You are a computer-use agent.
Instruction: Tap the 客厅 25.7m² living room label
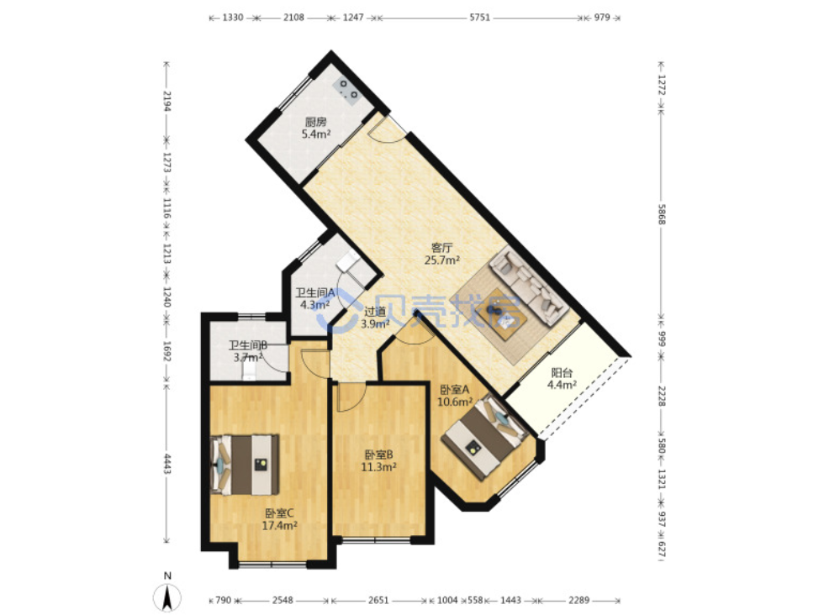point(442,254)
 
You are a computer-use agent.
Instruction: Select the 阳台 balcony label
point(562,379)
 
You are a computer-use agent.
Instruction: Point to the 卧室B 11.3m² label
point(378,460)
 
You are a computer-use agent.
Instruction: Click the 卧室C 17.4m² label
point(279,519)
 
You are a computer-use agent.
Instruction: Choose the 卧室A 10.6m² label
point(455,396)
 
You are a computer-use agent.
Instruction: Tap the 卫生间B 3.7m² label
point(248,351)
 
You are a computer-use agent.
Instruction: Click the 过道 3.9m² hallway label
point(375,318)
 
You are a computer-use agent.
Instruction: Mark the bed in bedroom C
point(245,465)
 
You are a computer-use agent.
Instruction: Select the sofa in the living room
point(529,286)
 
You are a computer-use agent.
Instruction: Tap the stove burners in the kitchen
point(348,90)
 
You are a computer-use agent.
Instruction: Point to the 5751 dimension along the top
point(480,18)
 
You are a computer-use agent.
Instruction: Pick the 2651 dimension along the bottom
point(378,600)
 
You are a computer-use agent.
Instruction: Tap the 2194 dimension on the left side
point(167,102)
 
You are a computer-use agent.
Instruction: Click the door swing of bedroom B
point(350,397)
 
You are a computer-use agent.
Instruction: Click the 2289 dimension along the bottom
point(579,600)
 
